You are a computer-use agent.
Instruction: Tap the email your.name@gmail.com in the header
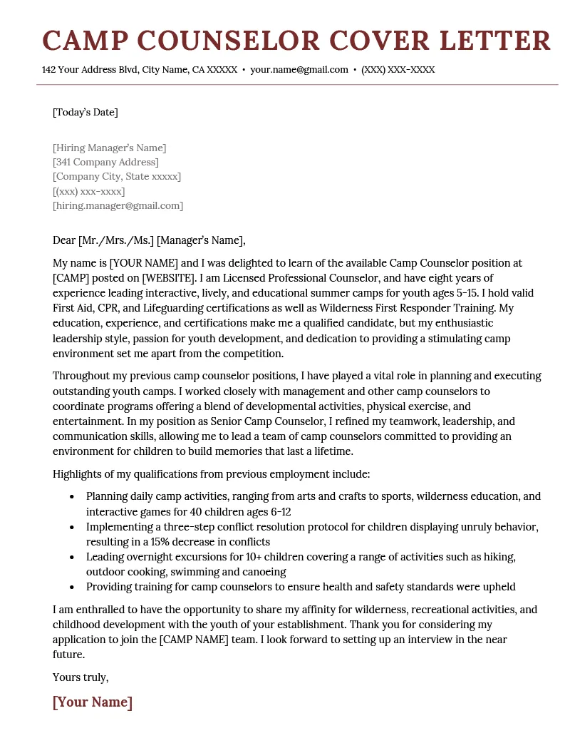299,70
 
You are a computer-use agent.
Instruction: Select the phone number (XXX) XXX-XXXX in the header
398,70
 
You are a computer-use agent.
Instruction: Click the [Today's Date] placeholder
85,112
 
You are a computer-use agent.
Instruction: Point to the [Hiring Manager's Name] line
109,148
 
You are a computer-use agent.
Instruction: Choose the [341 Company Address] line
105,162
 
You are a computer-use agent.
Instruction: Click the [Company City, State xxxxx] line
117,176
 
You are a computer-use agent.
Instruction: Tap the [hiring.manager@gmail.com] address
118,205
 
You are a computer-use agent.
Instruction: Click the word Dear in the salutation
64,240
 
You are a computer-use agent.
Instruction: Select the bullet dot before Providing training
71,588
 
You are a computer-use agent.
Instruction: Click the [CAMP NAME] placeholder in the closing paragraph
193,640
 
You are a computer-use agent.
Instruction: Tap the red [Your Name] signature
93,702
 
